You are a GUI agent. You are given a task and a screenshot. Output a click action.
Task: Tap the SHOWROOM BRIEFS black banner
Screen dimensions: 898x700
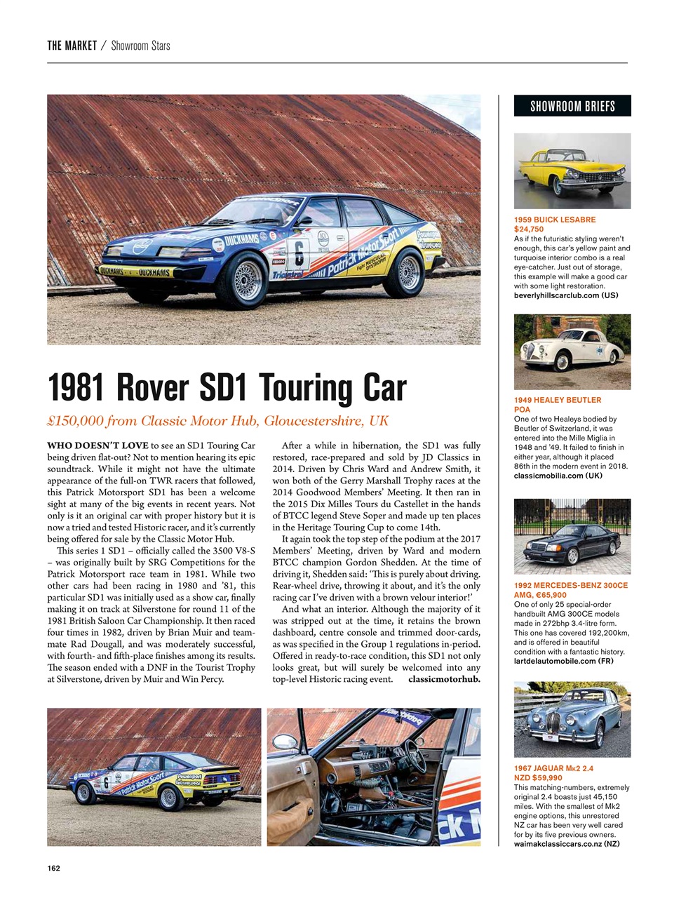click(x=572, y=106)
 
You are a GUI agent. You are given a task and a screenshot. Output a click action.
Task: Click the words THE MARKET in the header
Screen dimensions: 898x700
click(x=72, y=46)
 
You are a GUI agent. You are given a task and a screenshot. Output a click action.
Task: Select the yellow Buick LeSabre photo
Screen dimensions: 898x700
click(x=572, y=170)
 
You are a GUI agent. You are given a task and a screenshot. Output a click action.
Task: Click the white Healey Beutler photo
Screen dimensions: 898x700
click(x=572, y=351)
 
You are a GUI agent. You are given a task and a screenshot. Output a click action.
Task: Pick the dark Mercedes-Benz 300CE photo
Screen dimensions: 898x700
click(x=572, y=536)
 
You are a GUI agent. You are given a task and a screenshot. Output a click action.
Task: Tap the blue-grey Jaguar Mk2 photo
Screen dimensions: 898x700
click(x=572, y=718)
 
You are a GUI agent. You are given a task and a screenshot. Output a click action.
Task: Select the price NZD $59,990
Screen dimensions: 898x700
click(x=538, y=777)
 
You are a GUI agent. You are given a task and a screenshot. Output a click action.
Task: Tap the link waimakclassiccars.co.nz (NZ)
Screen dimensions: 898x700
click(x=567, y=844)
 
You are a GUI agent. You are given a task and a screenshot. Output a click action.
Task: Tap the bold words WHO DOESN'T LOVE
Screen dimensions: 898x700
click(x=97, y=445)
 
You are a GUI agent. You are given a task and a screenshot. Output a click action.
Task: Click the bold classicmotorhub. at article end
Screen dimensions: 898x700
click(x=444, y=679)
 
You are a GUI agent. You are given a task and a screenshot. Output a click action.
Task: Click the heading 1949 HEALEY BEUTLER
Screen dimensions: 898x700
click(x=557, y=400)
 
